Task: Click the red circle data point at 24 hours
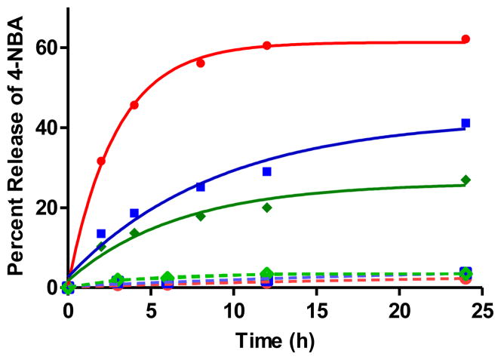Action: coord(466,38)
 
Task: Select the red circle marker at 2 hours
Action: coord(101,161)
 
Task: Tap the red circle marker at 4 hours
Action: coord(134,105)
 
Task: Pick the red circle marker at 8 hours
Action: coord(201,63)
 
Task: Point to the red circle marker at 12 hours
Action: coord(267,46)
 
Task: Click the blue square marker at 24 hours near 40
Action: coord(466,123)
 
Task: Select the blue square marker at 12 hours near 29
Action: coord(267,171)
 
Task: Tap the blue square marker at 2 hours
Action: coord(101,233)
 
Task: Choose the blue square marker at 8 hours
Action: coord(201,186)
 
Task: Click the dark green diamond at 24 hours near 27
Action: coord(466,180)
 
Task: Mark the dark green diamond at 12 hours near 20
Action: coord(267,207)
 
